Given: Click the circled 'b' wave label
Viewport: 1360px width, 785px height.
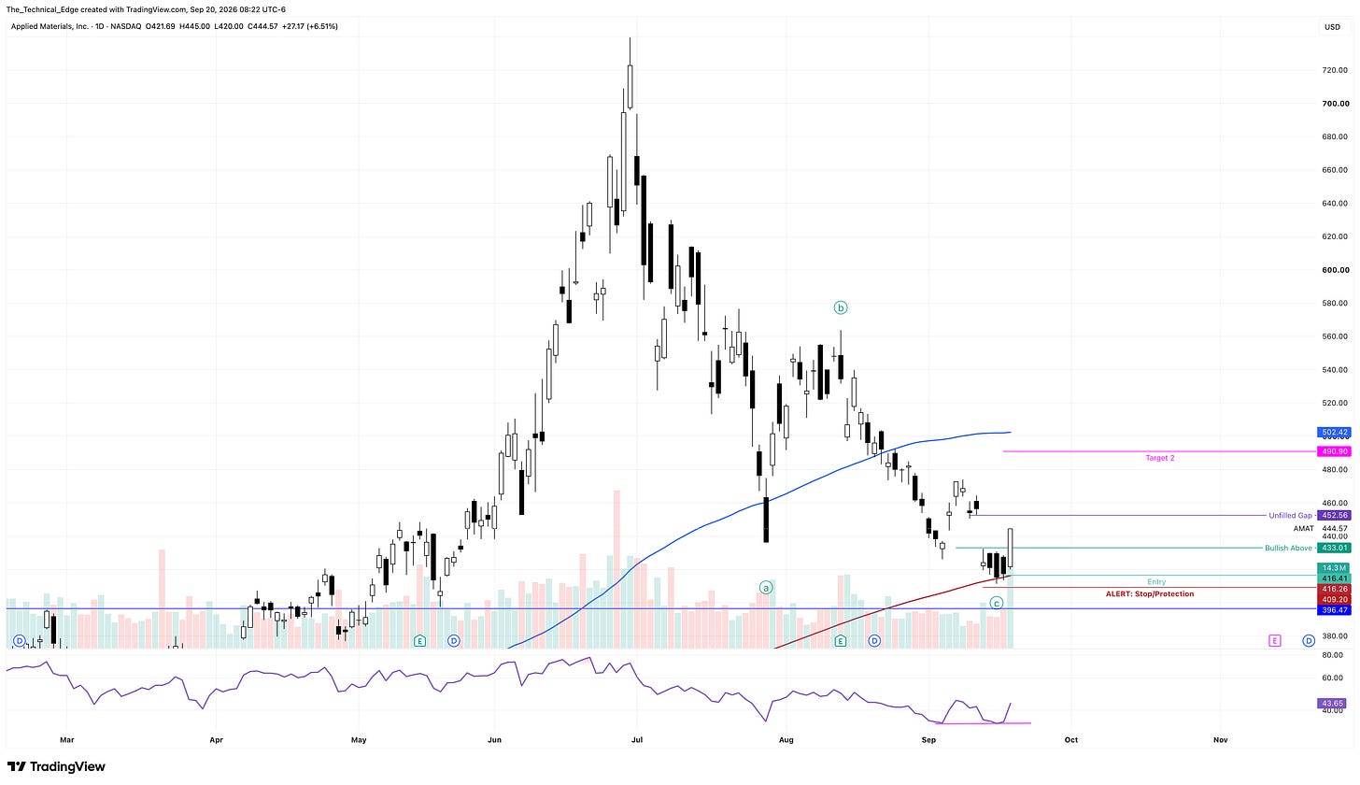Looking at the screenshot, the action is [x=841, y=308].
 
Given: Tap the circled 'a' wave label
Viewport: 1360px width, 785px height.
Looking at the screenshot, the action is [x=766, y=588].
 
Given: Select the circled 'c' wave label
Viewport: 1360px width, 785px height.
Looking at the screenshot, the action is [x=997, y=604].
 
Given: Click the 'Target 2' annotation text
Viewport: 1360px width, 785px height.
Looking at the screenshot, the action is [x=1160, y=458].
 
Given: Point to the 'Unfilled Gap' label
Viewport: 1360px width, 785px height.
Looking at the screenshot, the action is [x=1290, y=516].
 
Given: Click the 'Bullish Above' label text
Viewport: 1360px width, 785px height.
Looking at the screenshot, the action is [x=1288, y=548].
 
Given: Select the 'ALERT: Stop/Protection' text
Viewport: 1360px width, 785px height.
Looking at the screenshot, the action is [x=1150, y=593].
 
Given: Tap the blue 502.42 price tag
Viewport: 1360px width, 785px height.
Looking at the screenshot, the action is [x=1334, y=433].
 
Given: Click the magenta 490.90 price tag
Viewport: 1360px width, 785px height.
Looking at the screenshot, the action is [x=1334, y=451].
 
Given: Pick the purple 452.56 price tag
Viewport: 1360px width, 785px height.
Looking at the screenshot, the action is [x=1334, y=515].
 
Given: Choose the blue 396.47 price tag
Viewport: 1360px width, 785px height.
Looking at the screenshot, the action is [x=1334, y=610].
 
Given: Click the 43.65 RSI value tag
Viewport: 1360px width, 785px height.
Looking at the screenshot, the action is [x=1334, y=703].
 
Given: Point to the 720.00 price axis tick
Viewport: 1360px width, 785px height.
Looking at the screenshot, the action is [x=1335, y=70].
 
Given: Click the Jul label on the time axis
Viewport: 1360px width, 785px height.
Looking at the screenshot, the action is [x=637, y=740].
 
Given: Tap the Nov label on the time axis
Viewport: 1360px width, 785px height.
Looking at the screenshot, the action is [x=1220, y=740].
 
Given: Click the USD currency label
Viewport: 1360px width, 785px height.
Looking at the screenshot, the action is [x=1332, y=27].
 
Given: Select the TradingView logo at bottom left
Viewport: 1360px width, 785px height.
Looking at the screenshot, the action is [x=56, y=766].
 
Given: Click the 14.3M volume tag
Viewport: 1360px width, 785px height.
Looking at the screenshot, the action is [x=1334, y=568].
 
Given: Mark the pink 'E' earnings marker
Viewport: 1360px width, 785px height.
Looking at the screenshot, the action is [x=1274, y=640].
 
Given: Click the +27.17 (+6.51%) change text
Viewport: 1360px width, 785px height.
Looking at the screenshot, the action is [x=310, y=27].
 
